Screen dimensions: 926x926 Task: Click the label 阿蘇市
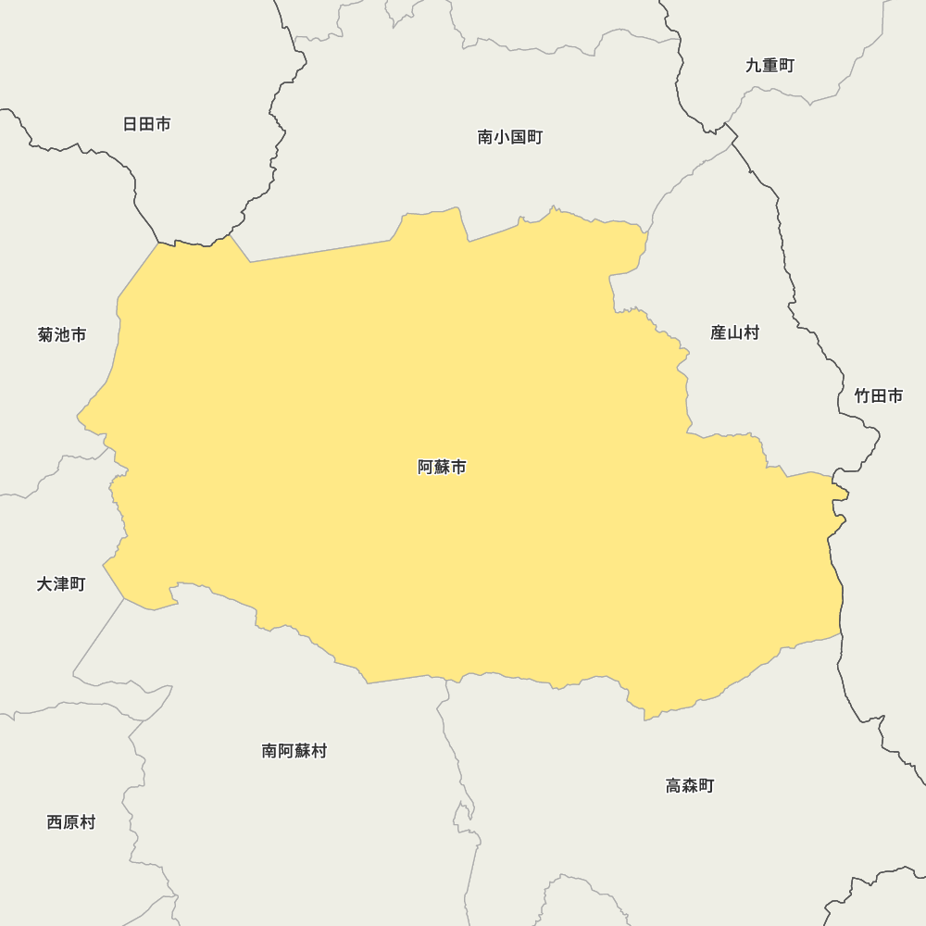click(x=442, y=468)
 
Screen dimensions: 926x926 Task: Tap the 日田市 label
click(x=146, y=124)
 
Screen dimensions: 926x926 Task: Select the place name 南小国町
click(x=510, y=138)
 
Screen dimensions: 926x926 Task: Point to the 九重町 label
click(x=770, y=66)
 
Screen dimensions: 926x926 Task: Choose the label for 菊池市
click(x=62, y=335)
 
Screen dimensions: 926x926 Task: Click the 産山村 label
click(x=734, y=332)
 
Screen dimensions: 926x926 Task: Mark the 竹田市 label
click(x=878, y=396)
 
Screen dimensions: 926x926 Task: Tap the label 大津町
click(x=61, y=584)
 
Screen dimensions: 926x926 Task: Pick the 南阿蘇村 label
click(x=294, y=751)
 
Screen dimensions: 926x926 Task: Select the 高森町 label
click(x=690, y=786)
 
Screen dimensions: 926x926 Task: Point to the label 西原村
click(x=71, y=822)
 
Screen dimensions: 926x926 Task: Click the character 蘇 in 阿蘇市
click(x=442, y=468)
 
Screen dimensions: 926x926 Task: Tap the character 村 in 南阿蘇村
click(x=319, y=751)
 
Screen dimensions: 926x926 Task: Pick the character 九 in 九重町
click(x=754, y=66)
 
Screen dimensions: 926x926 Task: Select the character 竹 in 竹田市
click(x=862, y=396)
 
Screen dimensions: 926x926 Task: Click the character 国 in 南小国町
click(x=519, y=138)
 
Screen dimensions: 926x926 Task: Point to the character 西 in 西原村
click(x=55, y=822)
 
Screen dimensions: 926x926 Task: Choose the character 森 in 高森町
click(x=690, y=786)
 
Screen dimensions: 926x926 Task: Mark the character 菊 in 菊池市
click(x=46, y=335)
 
